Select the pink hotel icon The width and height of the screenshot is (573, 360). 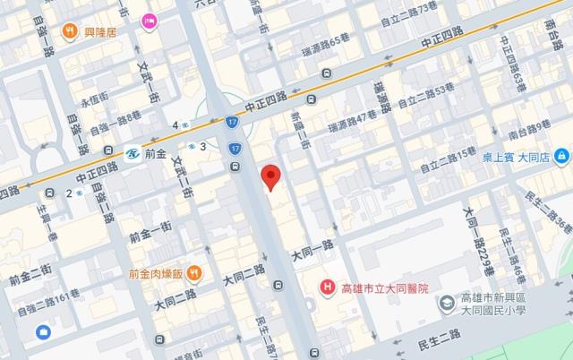coord(149,20)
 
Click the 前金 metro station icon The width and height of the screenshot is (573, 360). coord(132,153)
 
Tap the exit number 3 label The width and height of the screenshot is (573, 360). coord(203,146)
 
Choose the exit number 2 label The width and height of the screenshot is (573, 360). coord(69,193)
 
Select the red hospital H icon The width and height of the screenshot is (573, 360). coord(329,288)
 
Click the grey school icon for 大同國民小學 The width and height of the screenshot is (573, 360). coord(445,305)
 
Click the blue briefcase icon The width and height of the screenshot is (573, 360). coord(42,333)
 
